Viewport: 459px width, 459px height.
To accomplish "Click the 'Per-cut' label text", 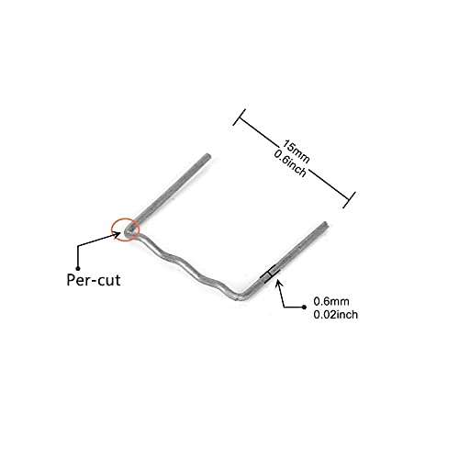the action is click(x=94, y=280).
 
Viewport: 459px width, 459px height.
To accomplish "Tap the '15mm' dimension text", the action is click(x=296, y=151).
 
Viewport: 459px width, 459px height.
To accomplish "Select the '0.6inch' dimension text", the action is click(x=290, y=163).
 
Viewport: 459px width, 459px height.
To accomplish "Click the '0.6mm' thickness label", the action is click(x=331, y=301).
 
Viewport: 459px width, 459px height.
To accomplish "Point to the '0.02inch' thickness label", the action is click(x=336, y=315).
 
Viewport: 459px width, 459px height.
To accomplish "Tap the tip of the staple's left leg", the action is click(x=208, y=156).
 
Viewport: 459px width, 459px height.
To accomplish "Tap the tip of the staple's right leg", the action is click(x=326, y=224).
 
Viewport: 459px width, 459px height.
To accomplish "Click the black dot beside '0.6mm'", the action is click(x=304, y=308).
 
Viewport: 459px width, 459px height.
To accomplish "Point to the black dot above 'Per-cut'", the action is click(x=78, y=268).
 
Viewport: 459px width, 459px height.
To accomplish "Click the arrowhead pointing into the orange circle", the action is click(x=118, y=233).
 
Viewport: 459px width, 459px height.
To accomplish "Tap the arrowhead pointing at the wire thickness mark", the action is click(x=278, y=283).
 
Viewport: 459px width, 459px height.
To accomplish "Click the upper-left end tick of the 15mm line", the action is click(x=240, y=118).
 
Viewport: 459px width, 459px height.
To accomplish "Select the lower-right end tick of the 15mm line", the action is click(x=349, y=200).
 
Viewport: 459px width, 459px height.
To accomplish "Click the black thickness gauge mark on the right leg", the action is click(x=270, y=273).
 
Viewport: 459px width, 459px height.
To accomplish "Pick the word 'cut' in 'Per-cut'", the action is click(x=107, y=281).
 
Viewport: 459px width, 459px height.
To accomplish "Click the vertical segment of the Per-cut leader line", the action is click(x=78, y=257).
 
